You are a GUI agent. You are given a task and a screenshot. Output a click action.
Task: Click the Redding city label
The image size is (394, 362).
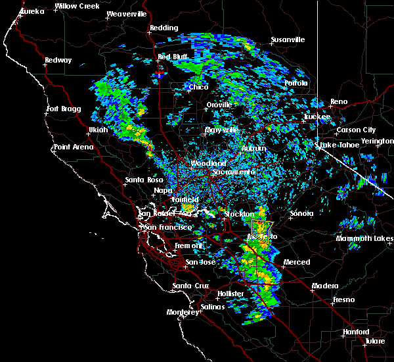click(x=164, y=28)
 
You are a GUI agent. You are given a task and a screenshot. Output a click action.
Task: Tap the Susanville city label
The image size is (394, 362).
click(x=288, y=39)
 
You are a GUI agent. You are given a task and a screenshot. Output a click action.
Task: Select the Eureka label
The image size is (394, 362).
click(x=32, y=12)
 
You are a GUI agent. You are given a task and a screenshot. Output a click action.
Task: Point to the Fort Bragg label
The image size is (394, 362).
click(x=62, y=109)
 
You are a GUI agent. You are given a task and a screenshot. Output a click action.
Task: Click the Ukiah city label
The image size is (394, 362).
click(x=97, y=130)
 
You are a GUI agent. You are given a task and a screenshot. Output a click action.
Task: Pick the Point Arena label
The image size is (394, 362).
click(x=72, y=147)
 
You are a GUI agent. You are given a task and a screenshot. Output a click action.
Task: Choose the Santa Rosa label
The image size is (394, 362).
click(x=144, y=180)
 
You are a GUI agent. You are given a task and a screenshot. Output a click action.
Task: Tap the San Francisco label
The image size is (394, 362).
click(x=167, y=227)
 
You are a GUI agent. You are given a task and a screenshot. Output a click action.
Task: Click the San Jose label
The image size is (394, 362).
click(x=200, y=262)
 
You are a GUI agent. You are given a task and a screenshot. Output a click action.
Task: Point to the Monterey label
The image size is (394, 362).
click(x=182, y=312)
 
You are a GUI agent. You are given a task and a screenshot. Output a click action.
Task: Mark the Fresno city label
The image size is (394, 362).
click(x=343, y=299)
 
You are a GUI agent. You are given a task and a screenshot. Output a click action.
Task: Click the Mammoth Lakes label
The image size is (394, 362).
click(x=364, y=238)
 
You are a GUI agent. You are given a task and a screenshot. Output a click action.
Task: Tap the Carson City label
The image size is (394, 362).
click(x=354, y=130)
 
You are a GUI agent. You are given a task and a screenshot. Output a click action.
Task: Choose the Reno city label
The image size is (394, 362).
click(x=339, y=101)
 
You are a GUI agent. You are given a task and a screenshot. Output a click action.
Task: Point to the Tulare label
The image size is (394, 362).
click(x=376, y=342)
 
